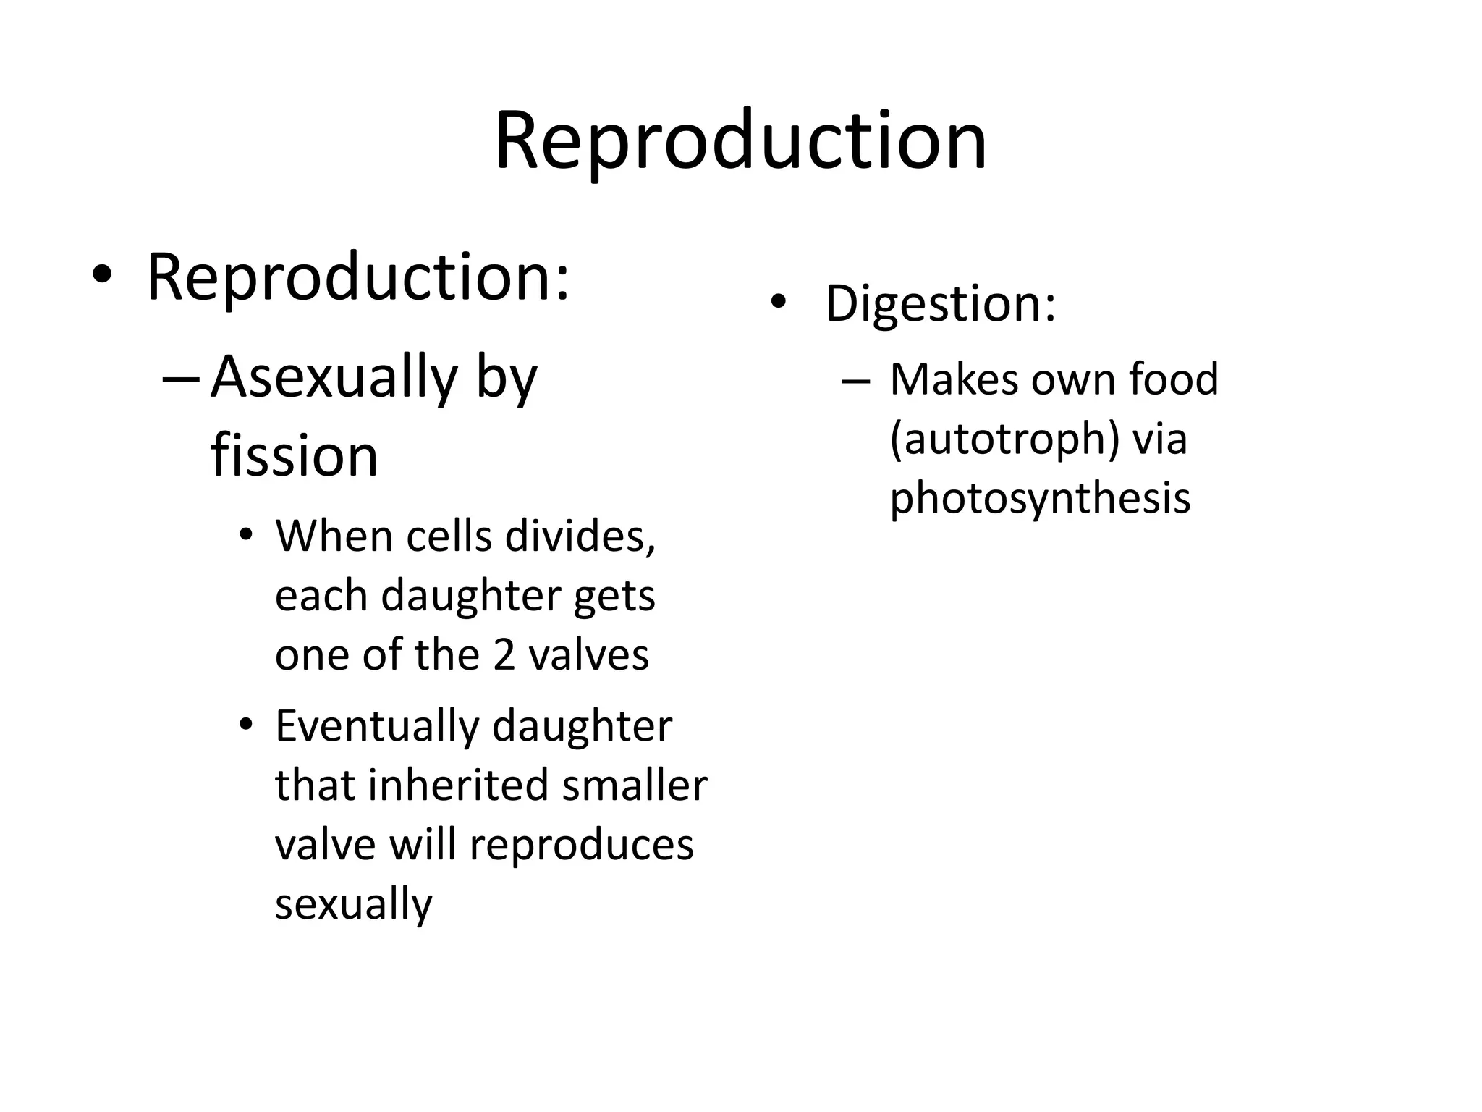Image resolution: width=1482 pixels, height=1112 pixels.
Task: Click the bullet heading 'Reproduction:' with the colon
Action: [x=358, y=277]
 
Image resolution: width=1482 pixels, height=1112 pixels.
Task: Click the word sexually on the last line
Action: [x=353, y=904]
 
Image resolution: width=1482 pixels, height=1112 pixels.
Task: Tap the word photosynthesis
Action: [x=1039, y=499]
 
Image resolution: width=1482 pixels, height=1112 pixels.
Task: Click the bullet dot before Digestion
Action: [x=777, y=303]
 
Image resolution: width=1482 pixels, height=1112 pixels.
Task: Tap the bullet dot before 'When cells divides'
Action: [x=246, y=536]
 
